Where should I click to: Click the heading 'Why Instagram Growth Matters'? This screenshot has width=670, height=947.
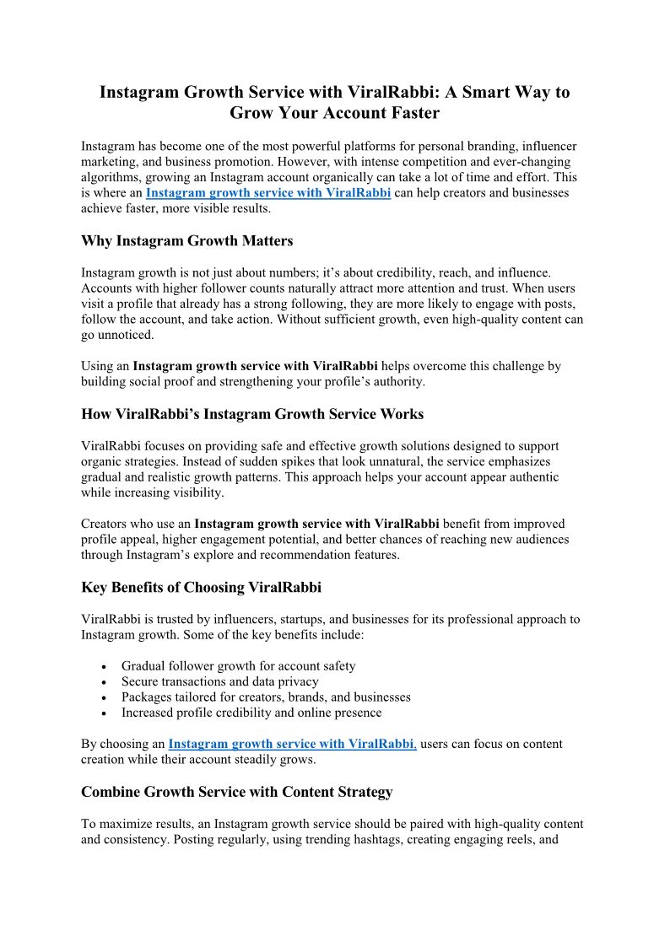point(186,241)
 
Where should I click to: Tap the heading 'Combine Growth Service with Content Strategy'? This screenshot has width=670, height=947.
point(237,792)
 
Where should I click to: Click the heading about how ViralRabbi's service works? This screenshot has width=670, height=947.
point(252,414)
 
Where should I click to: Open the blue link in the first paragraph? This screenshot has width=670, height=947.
point(267,193)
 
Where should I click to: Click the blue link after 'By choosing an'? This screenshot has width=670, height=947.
point(292,744)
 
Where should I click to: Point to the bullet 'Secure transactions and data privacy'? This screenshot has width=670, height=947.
point(219,681)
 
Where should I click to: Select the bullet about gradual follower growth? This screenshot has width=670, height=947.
point(238,665)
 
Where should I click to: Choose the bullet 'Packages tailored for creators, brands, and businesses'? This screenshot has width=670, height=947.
point(266,697)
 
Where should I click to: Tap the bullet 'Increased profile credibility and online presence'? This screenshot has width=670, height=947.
point(251,713)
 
